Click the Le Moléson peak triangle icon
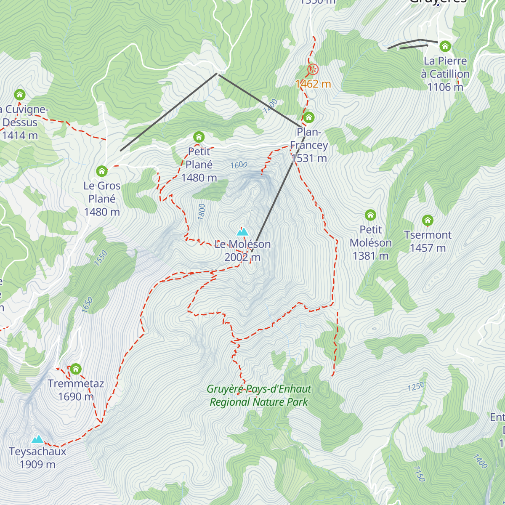pyautogui.click(x=242, y=231)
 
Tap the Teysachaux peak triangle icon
pyautogui.click(x=38, y=439)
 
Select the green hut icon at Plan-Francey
pyautogui.click(x=309, y=117)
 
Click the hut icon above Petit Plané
pyautogui.click(x=199, y=137)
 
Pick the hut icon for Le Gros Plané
pyautogui.click(x=102, y=171)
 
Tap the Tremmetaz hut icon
pyautogui.click(x=76, y=369)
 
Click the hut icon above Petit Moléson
pyautogui.click(x=370, y=215)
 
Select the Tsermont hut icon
pyautogui.click(x=428, y=220)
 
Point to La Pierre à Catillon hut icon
pyautogui.click(x=445, y=46)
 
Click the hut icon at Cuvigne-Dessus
pyautogui.click(x=20, y=94)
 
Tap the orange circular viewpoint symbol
pyautogui.click(x=313, y=69)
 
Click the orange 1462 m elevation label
pyautogui.click(x=313, y=84)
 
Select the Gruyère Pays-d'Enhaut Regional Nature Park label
pyautogui.click(x=259, y=396)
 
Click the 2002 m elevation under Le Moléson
pyautogui.click(x=242, y=257)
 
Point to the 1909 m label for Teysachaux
pyautogui.click(x=37, y=465)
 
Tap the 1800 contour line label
pyautogui.click(x=202, y=211)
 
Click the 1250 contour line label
pyautogui.click(x=416, y=387)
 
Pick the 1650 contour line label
pyautogui.click(x=87, y=305)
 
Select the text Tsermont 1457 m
pyautogui.click(x=428, y=241)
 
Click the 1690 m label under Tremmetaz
pyautogui.click(x=76, y=396)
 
